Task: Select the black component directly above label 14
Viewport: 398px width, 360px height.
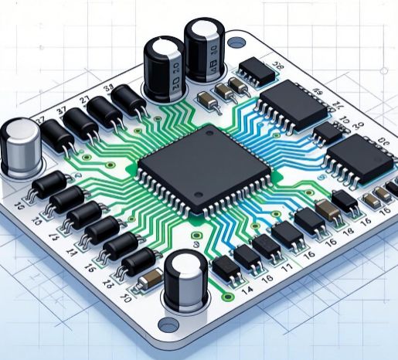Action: [227, 269]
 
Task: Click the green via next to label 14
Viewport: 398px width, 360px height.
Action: [227, 294]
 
